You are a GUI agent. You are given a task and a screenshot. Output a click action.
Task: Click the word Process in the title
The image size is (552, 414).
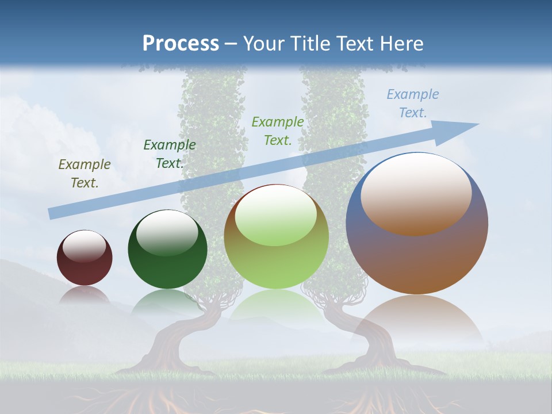point(181,43)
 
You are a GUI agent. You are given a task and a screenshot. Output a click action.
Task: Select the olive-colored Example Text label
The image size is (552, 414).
point(85,174)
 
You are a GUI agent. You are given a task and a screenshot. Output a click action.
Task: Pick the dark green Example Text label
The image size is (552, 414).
point(170,154)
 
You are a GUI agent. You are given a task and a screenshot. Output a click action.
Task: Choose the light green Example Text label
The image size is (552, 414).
point(278,131)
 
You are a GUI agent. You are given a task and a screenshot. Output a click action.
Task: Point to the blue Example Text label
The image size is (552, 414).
point(413,103)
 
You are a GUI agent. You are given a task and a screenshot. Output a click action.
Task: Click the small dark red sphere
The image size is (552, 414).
point(85,264)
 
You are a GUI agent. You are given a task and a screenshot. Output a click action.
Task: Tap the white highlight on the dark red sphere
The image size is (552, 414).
point(84,246)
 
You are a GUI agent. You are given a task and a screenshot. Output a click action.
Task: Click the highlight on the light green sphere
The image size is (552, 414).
point(276,216)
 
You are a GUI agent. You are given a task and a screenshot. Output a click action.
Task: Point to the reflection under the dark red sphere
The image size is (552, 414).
point(85,294)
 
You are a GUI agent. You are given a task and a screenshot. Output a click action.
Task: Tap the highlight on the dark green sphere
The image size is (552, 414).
point(167,232)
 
